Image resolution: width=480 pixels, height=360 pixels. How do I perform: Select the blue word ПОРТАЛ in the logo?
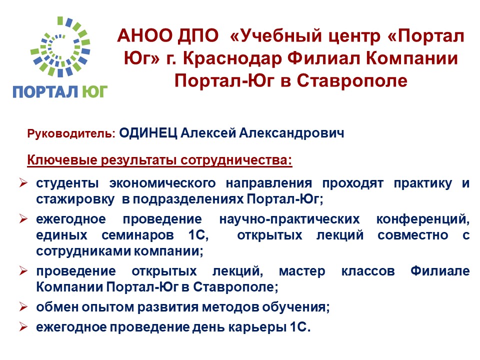[x=45, y=92]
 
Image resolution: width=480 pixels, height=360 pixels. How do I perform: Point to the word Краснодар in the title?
[x=232, y=59]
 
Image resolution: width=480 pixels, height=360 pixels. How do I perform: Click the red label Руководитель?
[x=71, y=134]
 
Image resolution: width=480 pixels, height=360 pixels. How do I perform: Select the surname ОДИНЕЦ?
[x=148, y=133]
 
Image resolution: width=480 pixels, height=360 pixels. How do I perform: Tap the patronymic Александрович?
[x=291, y=133]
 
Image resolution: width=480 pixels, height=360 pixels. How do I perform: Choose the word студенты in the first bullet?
[x=67, y=183]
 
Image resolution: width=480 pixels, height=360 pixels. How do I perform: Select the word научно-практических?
[x=289, y=219]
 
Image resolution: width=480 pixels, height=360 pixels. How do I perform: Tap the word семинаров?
[x=138, y=235]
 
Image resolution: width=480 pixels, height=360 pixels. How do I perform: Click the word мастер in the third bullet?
[x=302, y=271]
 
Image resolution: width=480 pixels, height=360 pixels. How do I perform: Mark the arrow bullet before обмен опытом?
[x=23, y=306]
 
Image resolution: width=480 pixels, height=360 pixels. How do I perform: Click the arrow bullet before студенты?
[x=23, y=183]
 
